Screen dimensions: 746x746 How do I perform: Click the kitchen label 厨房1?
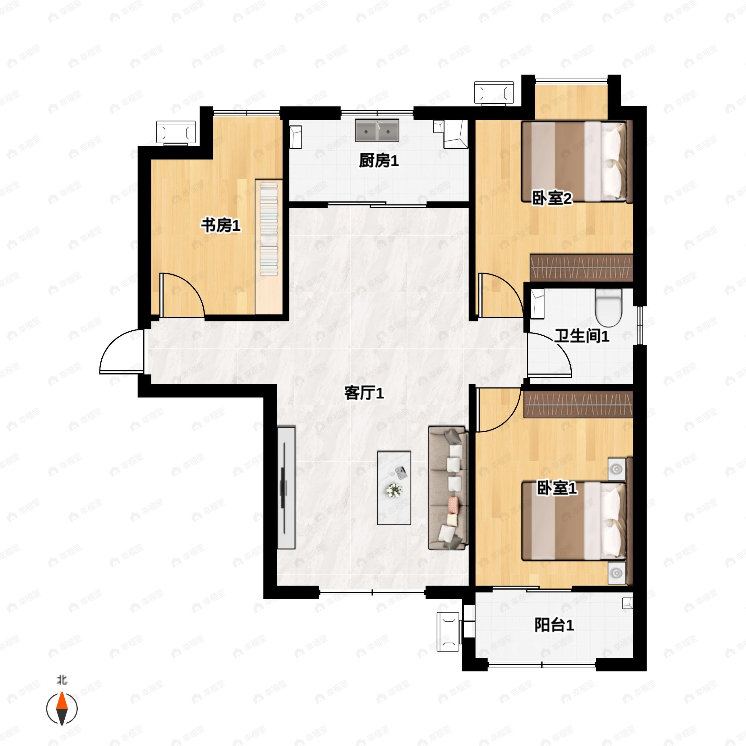pos(378,161)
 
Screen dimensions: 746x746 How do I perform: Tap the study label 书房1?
pos(220,225)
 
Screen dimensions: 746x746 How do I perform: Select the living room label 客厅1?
pos(364,393)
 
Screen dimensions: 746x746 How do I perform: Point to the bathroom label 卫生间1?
pos(582,336)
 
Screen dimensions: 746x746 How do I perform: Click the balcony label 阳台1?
pos(554,625)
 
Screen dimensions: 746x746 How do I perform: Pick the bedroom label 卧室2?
pos(552,198)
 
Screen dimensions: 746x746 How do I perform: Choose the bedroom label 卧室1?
pos(557,488)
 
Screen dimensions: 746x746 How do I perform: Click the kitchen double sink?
pos(377,131)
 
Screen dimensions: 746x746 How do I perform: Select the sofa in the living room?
pos(448,488)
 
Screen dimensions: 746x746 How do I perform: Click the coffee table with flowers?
pos(394,488)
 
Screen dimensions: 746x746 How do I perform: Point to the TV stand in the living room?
pos(286,488)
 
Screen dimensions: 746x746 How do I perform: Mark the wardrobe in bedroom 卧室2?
pos(581,268)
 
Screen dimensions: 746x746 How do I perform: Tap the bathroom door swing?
pos(548,354)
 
